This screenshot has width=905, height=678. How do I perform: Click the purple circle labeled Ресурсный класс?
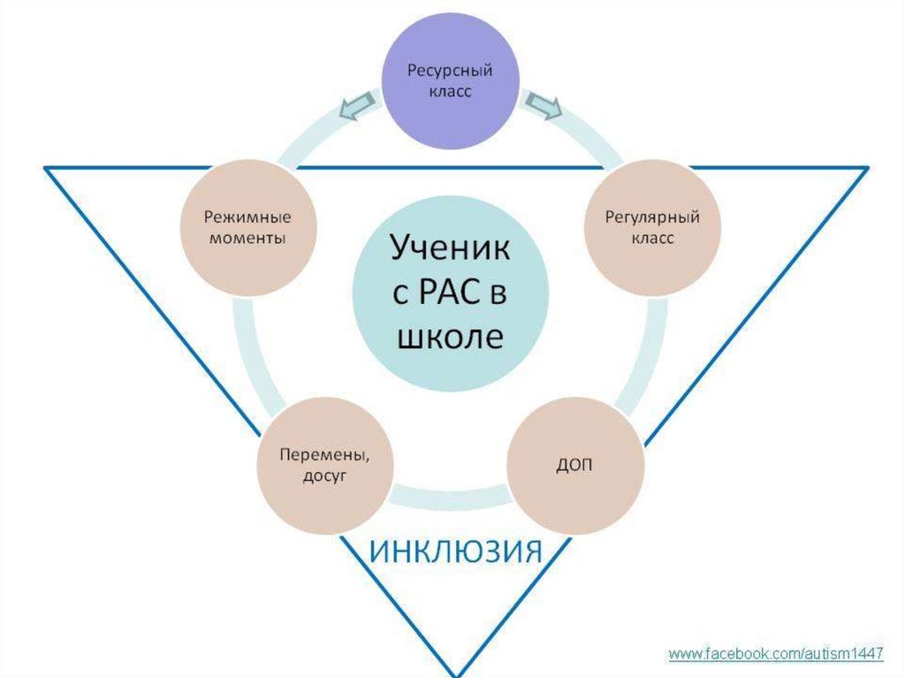(449, 80)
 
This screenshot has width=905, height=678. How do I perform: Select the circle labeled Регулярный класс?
(652, 227)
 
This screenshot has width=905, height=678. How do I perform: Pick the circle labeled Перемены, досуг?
(324, 465)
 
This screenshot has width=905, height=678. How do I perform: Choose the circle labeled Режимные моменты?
(247, 227)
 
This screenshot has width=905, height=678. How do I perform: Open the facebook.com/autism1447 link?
(776, 654)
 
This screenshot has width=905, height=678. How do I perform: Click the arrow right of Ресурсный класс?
(543, 105)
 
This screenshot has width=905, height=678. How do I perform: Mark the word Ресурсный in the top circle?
(449, 70)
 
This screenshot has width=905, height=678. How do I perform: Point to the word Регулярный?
(652, 217)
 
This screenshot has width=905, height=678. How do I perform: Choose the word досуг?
(324, 476)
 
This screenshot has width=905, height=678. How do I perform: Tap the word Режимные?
(247, 217)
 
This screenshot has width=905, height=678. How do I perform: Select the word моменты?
(247, 239)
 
